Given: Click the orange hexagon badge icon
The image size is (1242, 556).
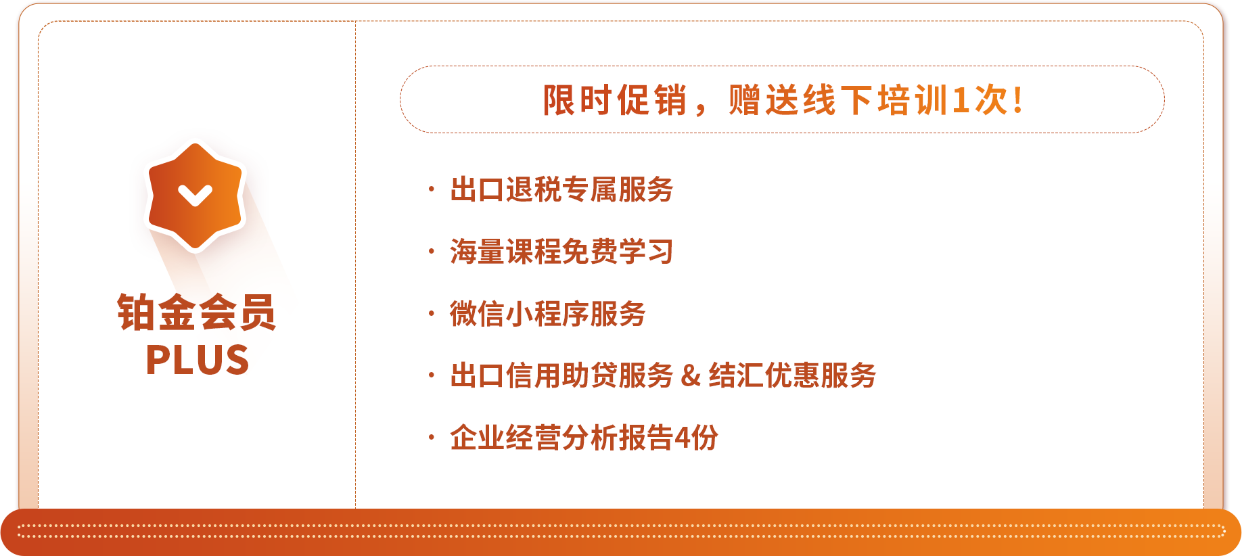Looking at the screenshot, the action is pos(195,196).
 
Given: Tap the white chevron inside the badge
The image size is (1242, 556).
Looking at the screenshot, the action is pos(195,195).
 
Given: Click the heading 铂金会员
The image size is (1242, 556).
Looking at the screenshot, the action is pos(197,312).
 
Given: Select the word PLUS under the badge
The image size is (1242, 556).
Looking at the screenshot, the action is pos(198,360).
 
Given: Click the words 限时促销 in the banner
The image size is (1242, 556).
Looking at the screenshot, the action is pos(615,101).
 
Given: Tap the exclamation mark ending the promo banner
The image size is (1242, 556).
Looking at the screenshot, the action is pos(1017,101).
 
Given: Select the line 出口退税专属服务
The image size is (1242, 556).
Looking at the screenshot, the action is pos(561,189).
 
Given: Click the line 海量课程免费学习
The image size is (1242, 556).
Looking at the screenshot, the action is pos(561,252).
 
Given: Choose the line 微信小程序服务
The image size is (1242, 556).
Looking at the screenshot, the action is pos(548,314).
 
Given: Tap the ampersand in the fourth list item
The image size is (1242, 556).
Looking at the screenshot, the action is pos(691,376).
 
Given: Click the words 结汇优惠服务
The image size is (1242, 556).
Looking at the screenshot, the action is pos(792,376).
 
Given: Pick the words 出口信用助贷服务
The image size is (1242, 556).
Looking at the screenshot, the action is pos(561,376).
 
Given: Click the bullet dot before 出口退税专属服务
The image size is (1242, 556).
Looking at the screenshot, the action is pos(431,189).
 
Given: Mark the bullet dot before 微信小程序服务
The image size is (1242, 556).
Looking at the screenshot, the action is pos(431,314).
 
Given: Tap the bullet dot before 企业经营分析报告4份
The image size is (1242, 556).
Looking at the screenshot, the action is pos(431,438).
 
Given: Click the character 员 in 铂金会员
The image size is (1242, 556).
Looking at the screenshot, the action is pos(257,312).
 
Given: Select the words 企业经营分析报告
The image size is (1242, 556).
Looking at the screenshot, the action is pos(561,438).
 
